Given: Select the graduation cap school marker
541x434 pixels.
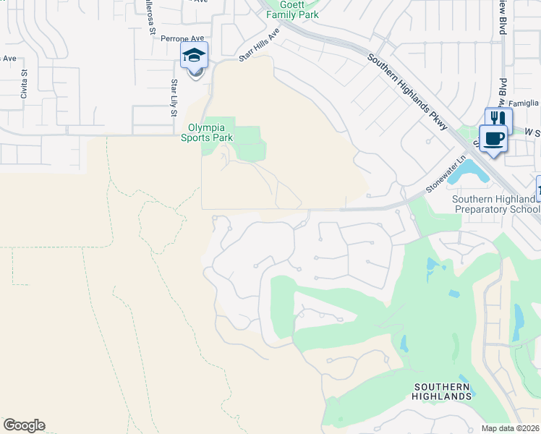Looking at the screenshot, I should [x=194, y=56].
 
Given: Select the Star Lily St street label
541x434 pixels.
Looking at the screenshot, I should [x=174, y=95].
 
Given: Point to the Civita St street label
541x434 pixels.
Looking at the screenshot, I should [x=23, y=83].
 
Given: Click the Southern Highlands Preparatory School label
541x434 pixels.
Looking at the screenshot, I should [x=496, y=204].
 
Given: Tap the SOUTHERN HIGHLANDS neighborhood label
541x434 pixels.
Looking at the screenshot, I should [x=441, y=391].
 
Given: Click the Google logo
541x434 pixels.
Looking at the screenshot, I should [x=24, y=425].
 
